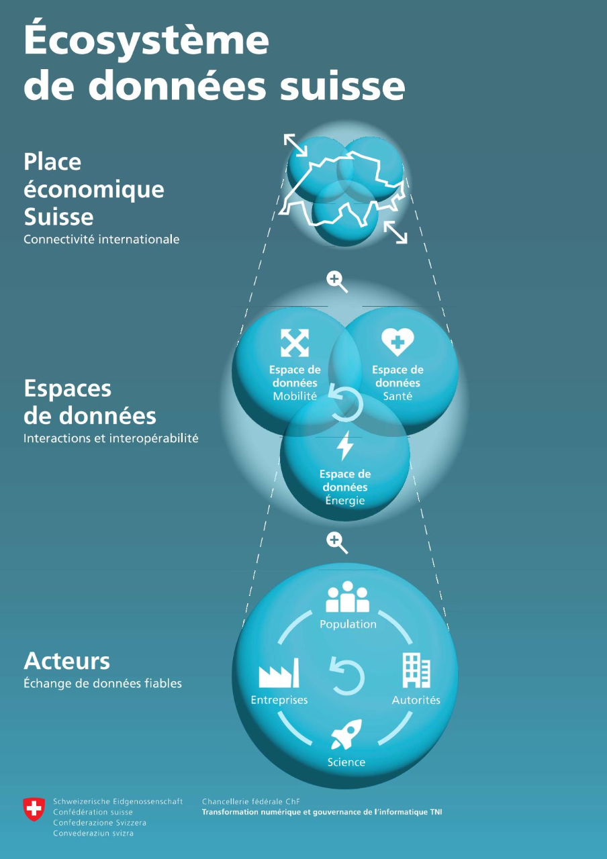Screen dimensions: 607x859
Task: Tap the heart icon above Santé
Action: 398,342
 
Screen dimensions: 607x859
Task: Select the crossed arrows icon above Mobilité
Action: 295,342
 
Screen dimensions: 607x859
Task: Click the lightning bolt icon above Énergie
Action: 345,446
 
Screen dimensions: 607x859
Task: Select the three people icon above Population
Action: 348,597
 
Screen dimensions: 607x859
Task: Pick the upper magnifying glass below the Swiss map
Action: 337,283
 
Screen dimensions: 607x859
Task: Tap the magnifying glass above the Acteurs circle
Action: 337,544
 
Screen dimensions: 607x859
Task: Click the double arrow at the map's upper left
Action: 296,145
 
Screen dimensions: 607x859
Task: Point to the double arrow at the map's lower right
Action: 395,232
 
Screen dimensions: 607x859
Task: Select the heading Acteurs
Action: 66,661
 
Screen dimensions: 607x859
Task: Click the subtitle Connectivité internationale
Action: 101,240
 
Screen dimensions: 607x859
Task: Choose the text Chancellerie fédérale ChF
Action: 251,801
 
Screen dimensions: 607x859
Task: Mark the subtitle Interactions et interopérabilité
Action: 111,438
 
